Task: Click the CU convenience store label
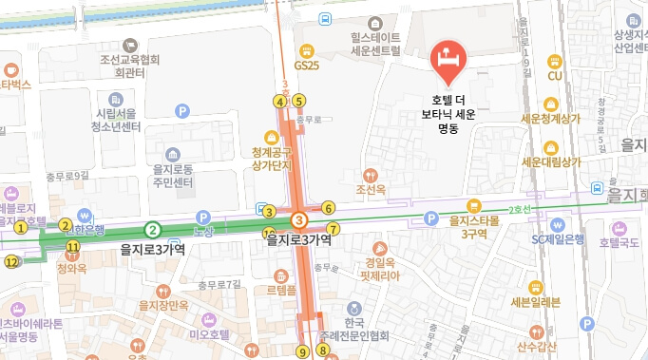pos(556,76)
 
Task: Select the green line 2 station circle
pos(152,229)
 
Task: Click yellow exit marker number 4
pos(279,102)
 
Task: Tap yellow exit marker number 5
pos(298,101)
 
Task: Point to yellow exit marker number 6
pos(328,208)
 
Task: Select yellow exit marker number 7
pos(333,229)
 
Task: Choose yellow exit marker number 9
pos(302,351)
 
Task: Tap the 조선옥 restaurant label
pos(371,190)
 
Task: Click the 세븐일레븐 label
pos(535,303)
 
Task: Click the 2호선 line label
pos(521,209)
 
